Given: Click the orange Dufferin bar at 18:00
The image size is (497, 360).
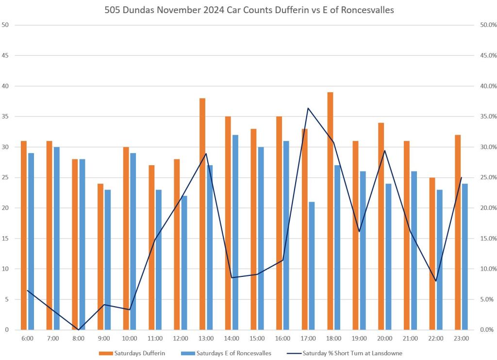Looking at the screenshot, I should [330, 211].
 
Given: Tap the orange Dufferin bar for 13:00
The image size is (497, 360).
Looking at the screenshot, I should [202, 214].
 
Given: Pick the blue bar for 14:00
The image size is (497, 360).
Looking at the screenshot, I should [235, 232].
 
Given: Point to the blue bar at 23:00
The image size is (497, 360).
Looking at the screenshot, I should [465, 257].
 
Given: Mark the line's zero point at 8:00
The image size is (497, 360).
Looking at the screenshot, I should [79, 330].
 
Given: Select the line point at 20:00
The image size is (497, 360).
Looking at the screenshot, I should [385, 151].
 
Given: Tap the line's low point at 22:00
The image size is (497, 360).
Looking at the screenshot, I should [436, 281].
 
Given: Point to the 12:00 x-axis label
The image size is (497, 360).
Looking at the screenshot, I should [181, 338].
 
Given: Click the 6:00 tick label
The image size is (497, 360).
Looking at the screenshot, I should [27, 338].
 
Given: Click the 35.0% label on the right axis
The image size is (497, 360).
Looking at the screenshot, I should [484, 117].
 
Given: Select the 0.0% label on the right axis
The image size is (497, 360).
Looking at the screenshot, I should [485, 330].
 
